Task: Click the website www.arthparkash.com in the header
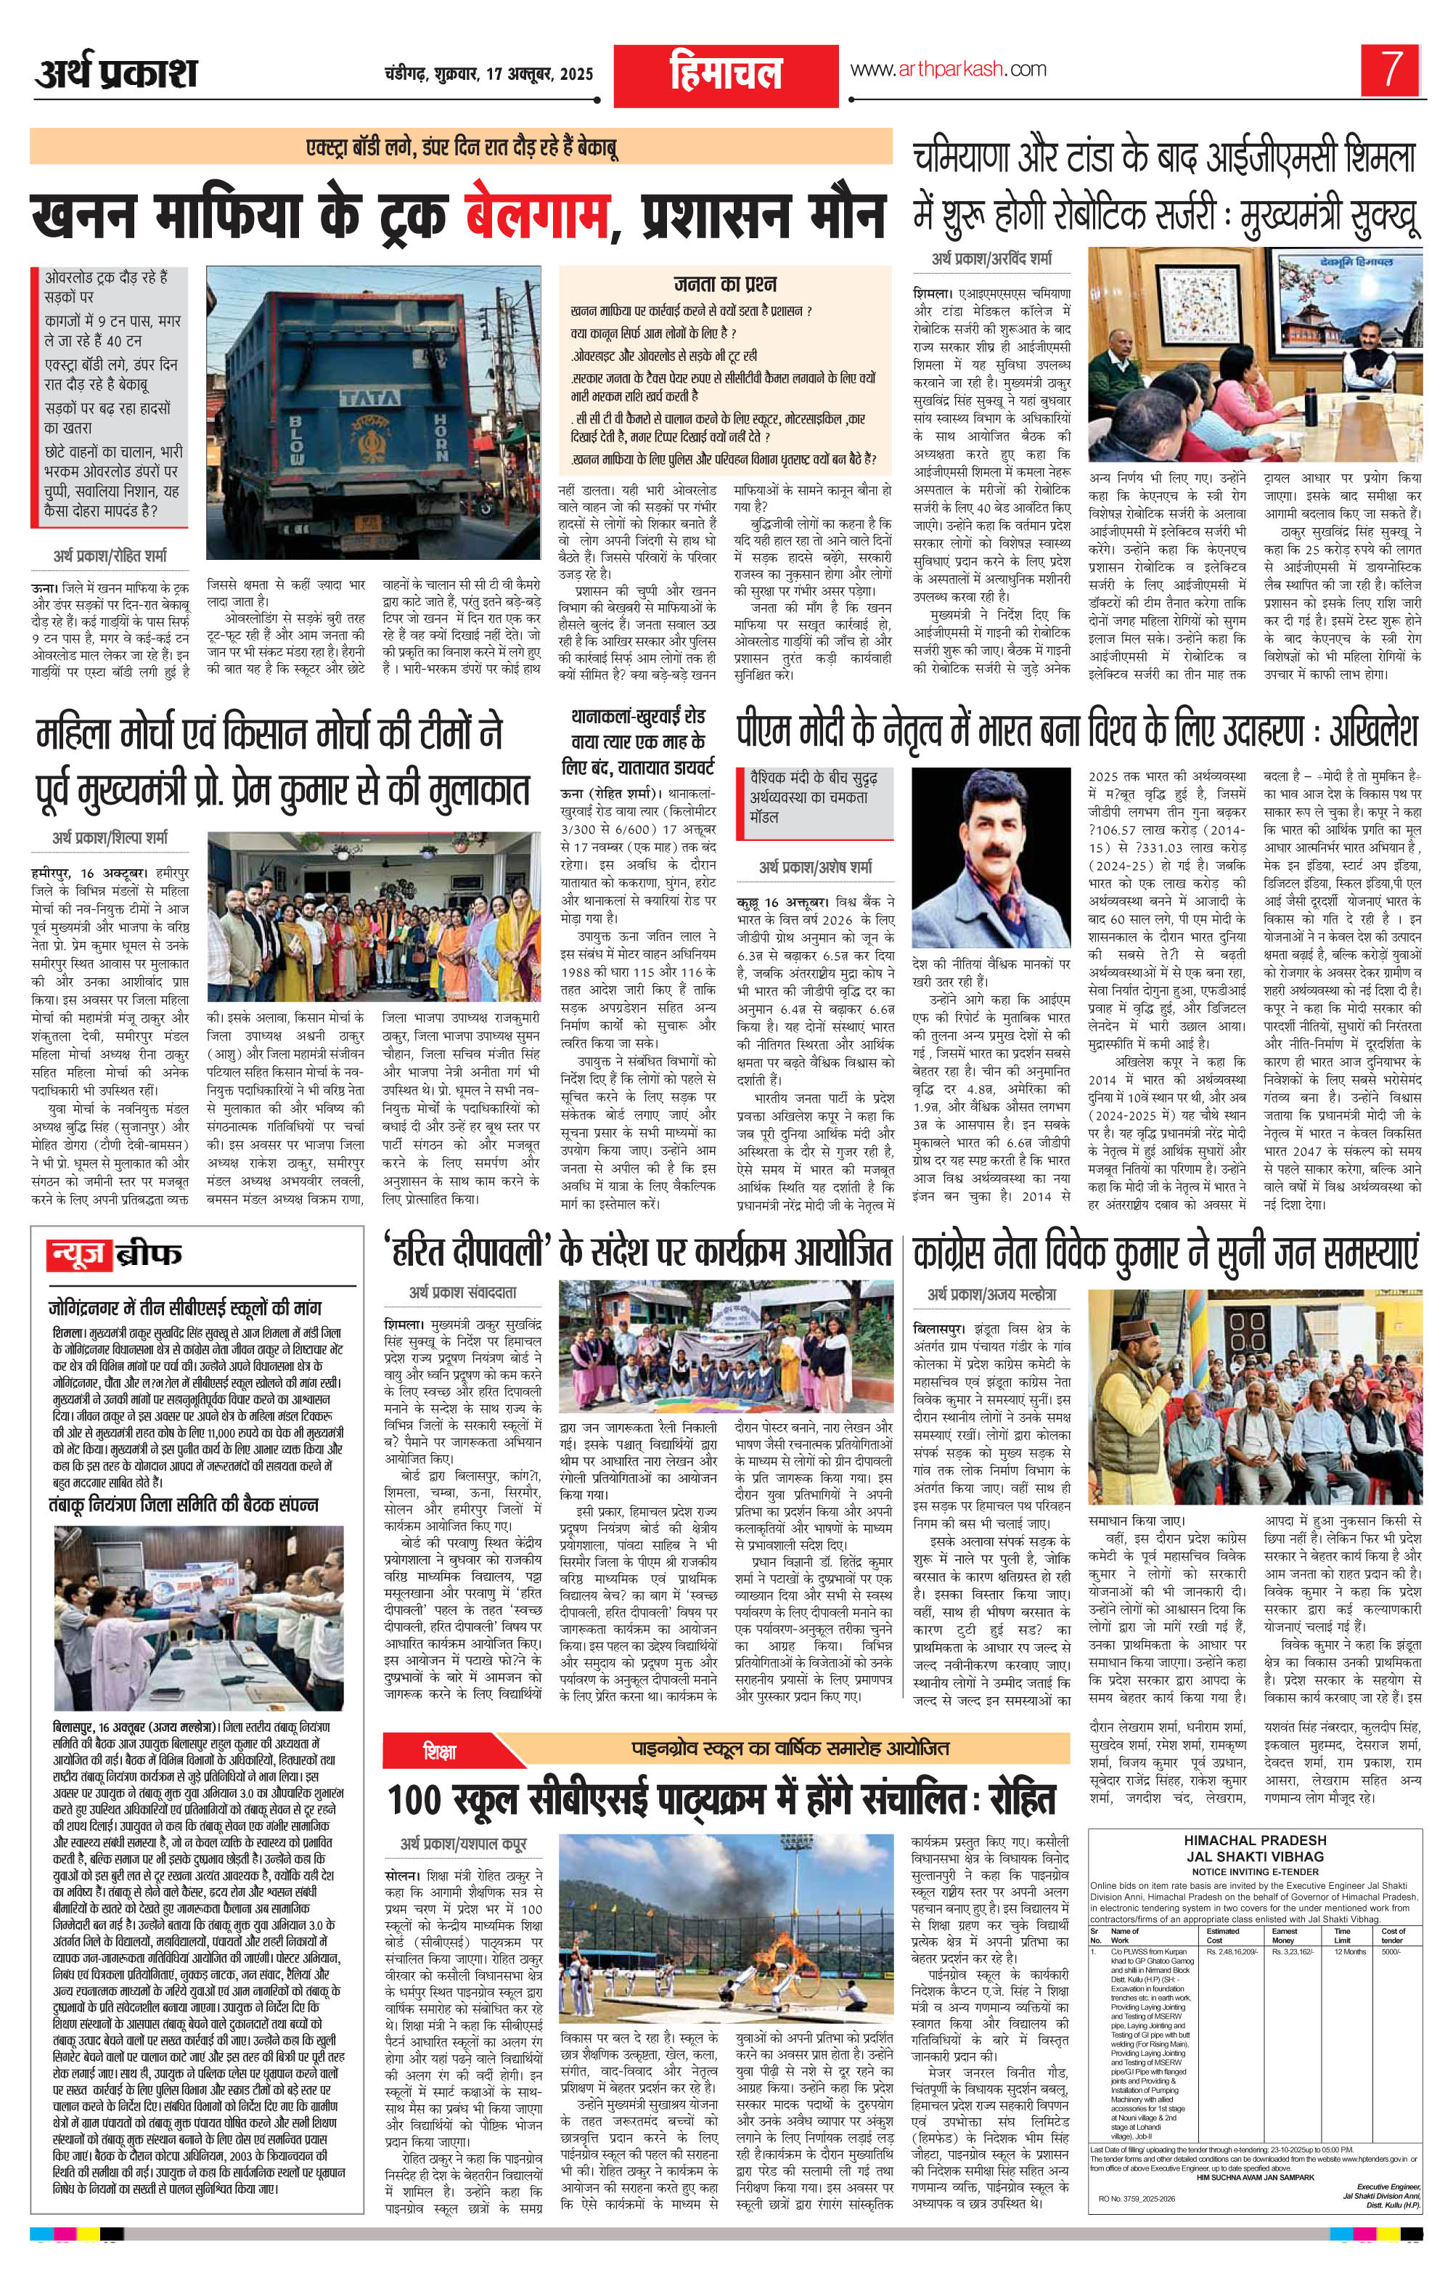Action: (948, 68)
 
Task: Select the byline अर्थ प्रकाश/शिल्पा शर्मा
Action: (110, 838)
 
